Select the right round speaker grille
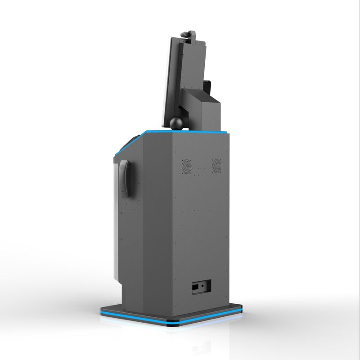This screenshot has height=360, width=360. [217, 166]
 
